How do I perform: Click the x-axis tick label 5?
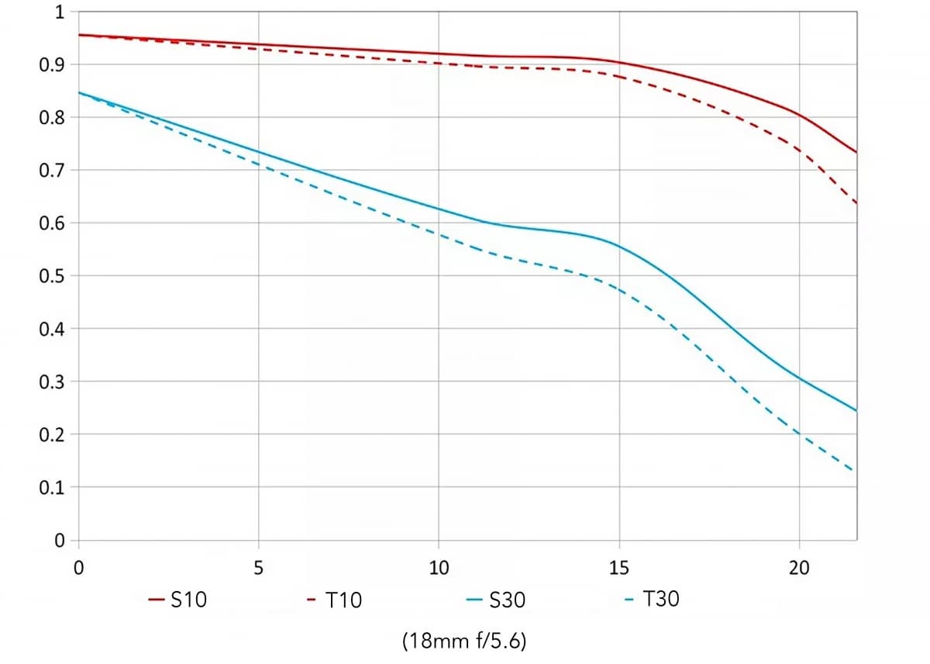tap(258, 568)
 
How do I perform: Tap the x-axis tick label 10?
tap(439, 568)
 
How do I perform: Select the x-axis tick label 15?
tap(619, 568)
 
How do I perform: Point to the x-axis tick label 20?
tap(799, 568)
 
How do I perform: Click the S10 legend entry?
tap(178, 600)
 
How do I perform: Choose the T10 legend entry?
tap(335, 600)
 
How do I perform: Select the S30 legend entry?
tap(497, 600)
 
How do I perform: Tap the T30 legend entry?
tap(653, 600)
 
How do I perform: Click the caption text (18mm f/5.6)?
tap(464, 642)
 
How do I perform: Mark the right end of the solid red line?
tap(856, 152)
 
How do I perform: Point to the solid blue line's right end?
tap(856, 410)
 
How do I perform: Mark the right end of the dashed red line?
tap(856, 204)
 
